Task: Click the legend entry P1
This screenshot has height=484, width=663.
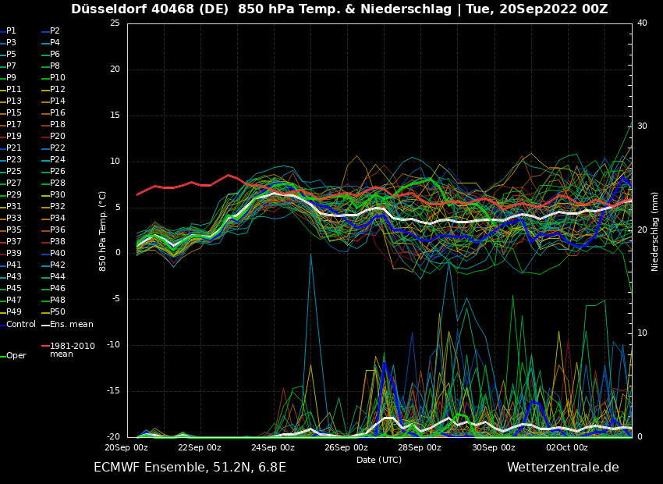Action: coord(11,31)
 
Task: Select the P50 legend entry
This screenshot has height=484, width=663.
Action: coord(58,312)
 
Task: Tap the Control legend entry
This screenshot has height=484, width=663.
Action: coord(21,325)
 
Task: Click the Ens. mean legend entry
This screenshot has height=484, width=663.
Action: coord(71,325)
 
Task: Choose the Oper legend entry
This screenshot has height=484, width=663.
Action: coord(16,356)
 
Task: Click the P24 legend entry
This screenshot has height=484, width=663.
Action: coord(58,160)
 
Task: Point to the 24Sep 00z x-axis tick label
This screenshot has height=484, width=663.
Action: coord(273,447)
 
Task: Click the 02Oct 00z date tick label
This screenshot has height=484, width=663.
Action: coord(567,447)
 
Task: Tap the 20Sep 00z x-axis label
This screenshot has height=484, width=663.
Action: coord(126,447)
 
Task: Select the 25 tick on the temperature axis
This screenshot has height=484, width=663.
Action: coord(115,23)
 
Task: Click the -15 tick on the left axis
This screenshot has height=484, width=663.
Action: coord(113,391)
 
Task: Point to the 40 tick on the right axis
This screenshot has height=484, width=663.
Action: coord(642,23)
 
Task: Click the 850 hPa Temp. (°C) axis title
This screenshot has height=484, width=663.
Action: coord(103,230)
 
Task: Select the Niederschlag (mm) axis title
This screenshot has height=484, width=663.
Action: coord(655,231)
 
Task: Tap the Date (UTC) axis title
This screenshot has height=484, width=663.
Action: coord(379,460)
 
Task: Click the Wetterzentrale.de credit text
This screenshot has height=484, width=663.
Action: coord(562,468)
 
